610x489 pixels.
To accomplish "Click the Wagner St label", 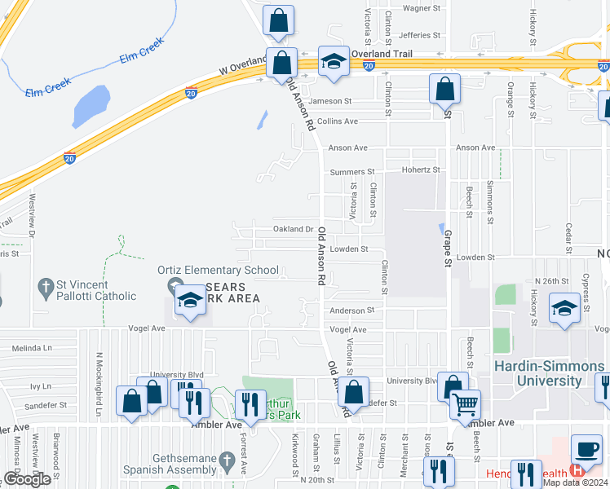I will coord(422,8).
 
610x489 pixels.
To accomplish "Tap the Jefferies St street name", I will coord(421,35).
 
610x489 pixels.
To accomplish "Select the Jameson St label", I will coord(329,102).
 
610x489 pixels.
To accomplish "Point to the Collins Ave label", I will coord(338,121).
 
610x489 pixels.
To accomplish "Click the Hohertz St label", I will coord(421,170).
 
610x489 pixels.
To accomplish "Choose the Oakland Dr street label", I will coord(294,230).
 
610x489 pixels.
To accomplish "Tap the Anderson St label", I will coord(352,311).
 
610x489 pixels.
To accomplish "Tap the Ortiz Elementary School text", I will coord(212,270).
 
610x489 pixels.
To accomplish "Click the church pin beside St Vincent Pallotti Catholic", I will coord(45,287).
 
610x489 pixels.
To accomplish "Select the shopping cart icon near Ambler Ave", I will coord(465,403).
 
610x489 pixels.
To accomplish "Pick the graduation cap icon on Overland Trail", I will coord(334,61).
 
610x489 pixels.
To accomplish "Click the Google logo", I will coord(28,479).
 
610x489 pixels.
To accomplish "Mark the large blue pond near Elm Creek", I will coord(92,103).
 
